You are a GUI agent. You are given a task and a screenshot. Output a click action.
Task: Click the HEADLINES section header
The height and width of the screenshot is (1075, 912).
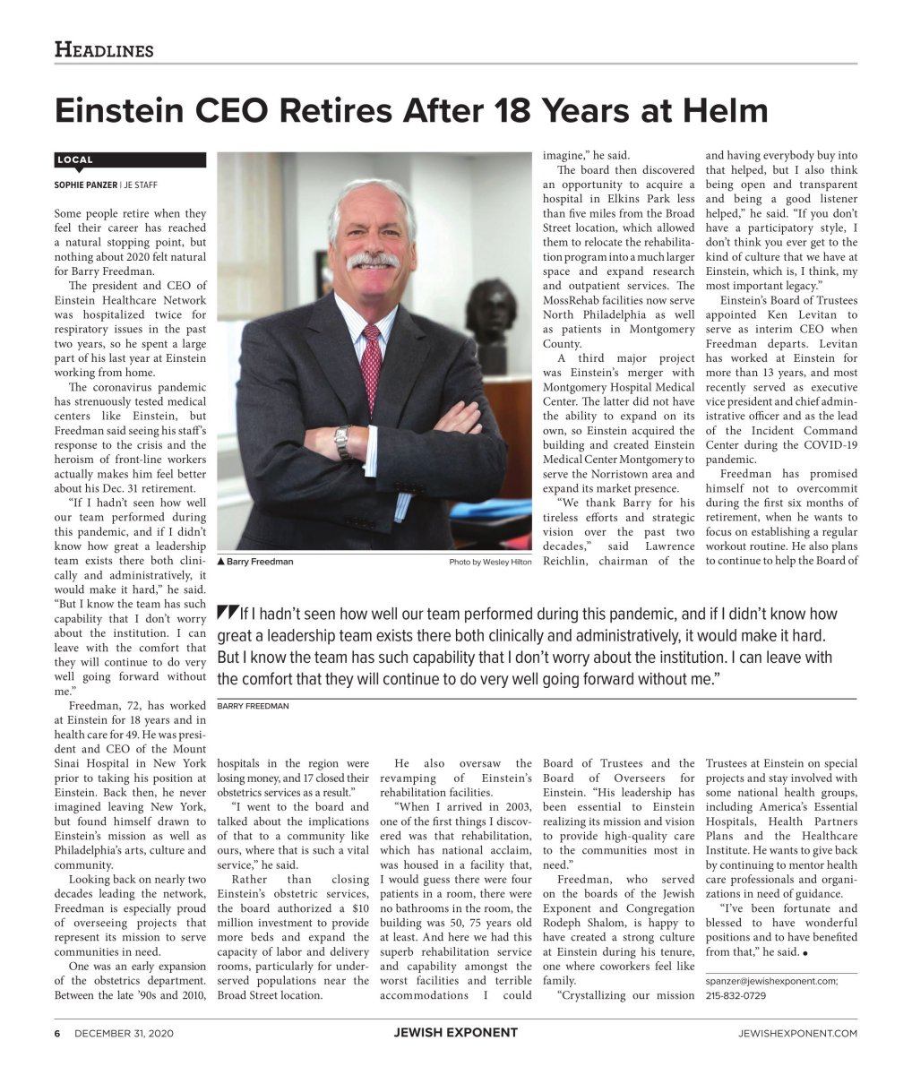[x=104, y=49]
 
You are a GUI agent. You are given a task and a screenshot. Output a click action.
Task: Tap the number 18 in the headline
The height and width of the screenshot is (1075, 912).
[x=486, y=111]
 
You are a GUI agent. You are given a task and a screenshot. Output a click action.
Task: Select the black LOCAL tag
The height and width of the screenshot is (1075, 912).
[x=75, y=159]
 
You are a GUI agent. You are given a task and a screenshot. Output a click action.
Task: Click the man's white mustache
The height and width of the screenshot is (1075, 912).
[x=372, y=260]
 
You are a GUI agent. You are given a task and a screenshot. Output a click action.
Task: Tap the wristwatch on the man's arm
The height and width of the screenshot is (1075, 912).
[x=341, y=441]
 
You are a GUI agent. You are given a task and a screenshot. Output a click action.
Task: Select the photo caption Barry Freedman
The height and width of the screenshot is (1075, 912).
[x=260, y=562]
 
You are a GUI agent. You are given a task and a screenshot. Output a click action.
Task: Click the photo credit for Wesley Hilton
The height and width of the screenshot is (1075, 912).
[x=490, y=562]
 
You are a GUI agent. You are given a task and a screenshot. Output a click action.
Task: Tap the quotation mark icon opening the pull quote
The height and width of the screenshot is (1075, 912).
[x=226, y=615]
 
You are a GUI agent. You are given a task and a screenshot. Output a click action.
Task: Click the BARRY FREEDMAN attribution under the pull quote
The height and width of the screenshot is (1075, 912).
[x=253, y=706]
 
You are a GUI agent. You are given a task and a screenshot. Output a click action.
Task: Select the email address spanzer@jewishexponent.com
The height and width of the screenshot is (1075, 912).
[x=772, y=981]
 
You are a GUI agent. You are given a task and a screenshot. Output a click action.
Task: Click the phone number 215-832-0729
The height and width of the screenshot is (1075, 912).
[x=736, y=995]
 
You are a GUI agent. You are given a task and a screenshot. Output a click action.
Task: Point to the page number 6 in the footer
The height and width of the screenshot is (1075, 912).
[x=56, y=1033]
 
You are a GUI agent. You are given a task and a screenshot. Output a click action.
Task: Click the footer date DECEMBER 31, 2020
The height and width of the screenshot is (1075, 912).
[x=124, y=1033]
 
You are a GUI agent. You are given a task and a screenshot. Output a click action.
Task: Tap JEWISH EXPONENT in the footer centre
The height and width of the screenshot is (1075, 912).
[x=455, y=1033]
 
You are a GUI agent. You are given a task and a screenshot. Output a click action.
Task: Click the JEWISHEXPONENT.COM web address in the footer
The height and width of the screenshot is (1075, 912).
[x=797, y=1033]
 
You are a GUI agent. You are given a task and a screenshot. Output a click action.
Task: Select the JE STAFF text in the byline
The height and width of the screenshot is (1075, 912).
[x=140, y=185]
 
